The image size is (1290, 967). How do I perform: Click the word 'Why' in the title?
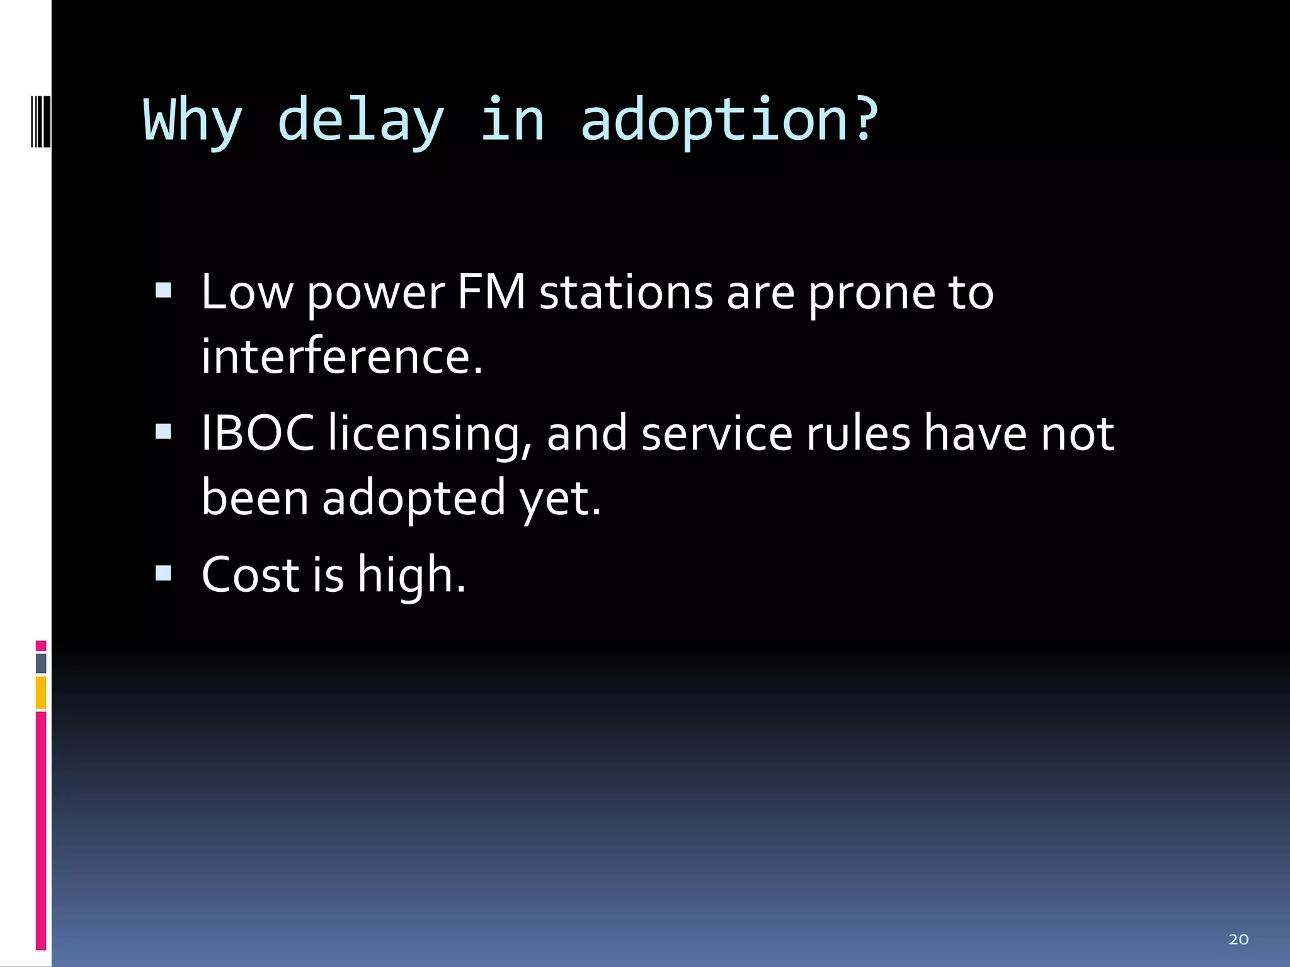[193, 121]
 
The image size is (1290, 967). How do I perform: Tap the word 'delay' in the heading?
[360, 121]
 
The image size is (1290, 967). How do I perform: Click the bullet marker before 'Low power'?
[163, 290]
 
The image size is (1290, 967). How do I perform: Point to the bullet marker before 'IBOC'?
[163, 431]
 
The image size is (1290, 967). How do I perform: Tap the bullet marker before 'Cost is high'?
[163, 572]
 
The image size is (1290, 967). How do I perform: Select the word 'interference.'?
[342, 356]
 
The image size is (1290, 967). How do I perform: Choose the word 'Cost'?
[250, 575]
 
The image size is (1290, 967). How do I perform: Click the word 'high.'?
[411, 576]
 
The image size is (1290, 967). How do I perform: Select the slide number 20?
[1238, 939]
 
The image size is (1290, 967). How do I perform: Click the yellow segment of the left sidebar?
[41, 693]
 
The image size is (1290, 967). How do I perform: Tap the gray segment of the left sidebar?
[41, 663]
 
